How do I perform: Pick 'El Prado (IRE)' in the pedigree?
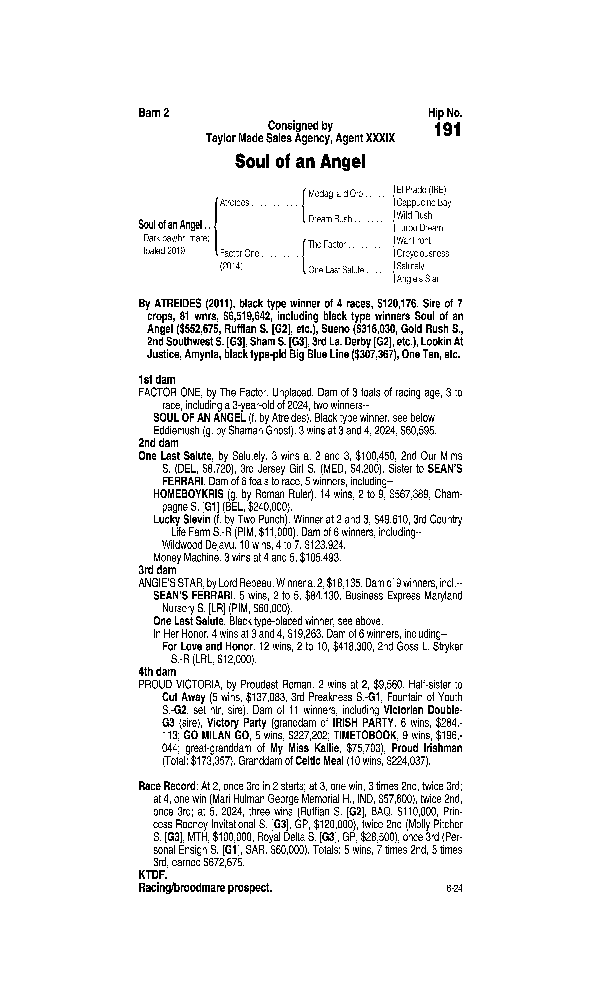[421, 190]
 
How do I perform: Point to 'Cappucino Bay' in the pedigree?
[424, 203]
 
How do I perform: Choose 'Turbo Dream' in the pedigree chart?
[420, 228]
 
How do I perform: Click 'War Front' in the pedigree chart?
[414, 241]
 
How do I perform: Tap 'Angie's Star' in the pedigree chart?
[417, 279]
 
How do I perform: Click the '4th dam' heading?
[157, 672]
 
